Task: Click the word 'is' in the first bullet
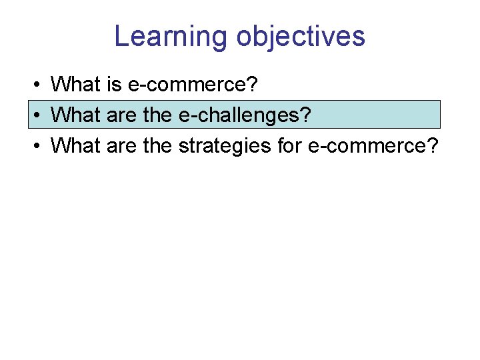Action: point(112,85)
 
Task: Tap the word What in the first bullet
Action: point(75,85)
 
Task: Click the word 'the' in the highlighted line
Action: point(157,115)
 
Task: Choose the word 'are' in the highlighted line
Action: point(120,115)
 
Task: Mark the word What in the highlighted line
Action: point(75,115)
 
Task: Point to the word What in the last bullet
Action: point(75,145)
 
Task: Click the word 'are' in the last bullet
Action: point(120,145)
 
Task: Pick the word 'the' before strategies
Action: point(157,145)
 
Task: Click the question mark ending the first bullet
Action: point(251,85)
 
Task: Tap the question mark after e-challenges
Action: point(305,115)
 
